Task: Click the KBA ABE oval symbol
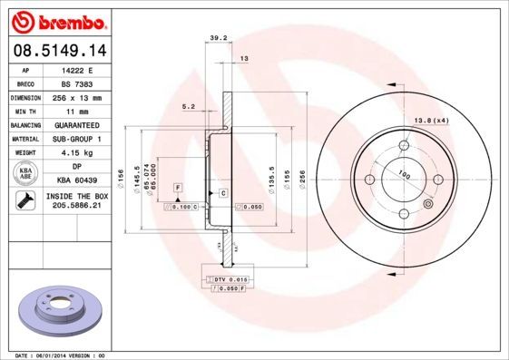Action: [x=24, y=174]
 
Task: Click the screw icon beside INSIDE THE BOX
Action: [x=24, y=201]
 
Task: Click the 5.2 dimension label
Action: [x=189, y=106]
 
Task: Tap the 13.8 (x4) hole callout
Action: [x=432, y=121]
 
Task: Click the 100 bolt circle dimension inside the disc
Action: [x=403, y=175]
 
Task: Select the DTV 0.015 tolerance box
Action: [x=229, y=279]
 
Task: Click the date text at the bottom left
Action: [x=56, y=355]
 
